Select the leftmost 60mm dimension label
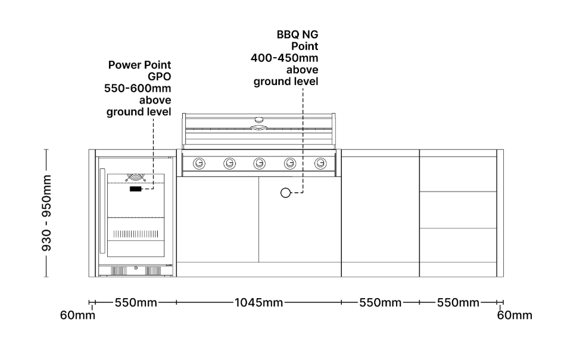click(77, 315)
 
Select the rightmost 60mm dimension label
click(515, 315)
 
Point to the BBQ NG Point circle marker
click(286, 192)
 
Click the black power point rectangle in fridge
click(136, 189)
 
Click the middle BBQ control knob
click(260, 162)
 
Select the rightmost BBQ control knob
click(320, 162)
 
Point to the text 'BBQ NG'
click(297, 35)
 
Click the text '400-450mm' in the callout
click(285, 58)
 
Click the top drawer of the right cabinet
click(458, 174)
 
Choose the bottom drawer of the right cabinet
click(458, 252)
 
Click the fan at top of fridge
click(136, 177)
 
